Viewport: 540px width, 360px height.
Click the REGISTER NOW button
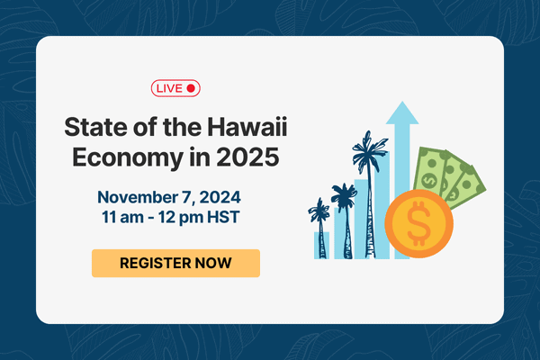tap(175, 263)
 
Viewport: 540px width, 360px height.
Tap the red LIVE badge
tap(175, 87)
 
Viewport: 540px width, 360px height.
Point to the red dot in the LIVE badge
tap(190, 87)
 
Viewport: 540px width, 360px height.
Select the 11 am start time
tap(127, 217)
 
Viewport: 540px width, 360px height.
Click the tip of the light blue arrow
tap(402, 105)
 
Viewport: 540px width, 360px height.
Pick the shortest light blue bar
tap(321, 244)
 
